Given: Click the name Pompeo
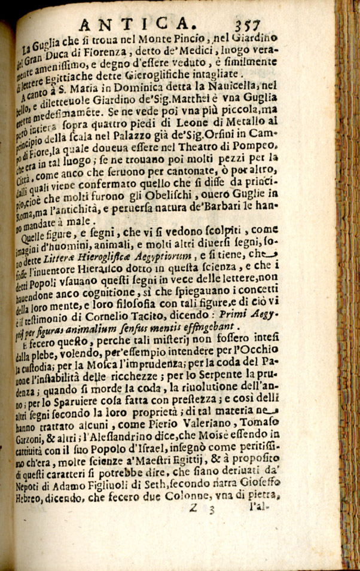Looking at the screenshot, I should coord(258,145).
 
